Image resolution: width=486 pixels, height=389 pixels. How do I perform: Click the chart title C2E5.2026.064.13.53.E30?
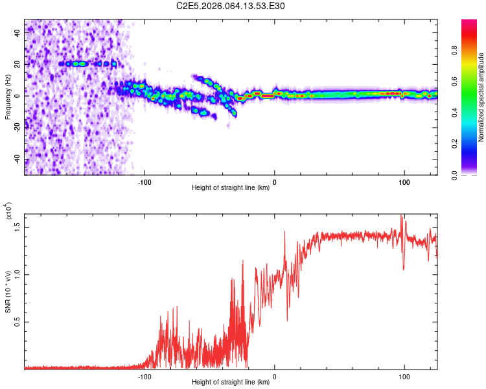[x=231, y=6]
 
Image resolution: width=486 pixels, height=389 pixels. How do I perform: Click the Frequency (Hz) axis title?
[x=8, y=97]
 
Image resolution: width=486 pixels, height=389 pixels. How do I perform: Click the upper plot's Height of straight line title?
[x=231, y=188]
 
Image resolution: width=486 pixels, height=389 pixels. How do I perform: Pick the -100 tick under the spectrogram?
[x=145, y=181]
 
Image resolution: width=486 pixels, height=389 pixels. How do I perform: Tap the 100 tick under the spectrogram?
[x=404, y=181]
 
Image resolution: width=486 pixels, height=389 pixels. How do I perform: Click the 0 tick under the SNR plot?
[x=275, y=376]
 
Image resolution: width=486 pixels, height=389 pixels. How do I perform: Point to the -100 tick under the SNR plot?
[x=145, y=376]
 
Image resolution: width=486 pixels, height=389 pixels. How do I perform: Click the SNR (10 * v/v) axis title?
[x=8, y=292]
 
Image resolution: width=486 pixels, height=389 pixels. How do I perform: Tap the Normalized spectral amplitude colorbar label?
[x=481, y=97]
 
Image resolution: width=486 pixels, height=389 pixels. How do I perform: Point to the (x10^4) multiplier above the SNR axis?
[x=8, y=211]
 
